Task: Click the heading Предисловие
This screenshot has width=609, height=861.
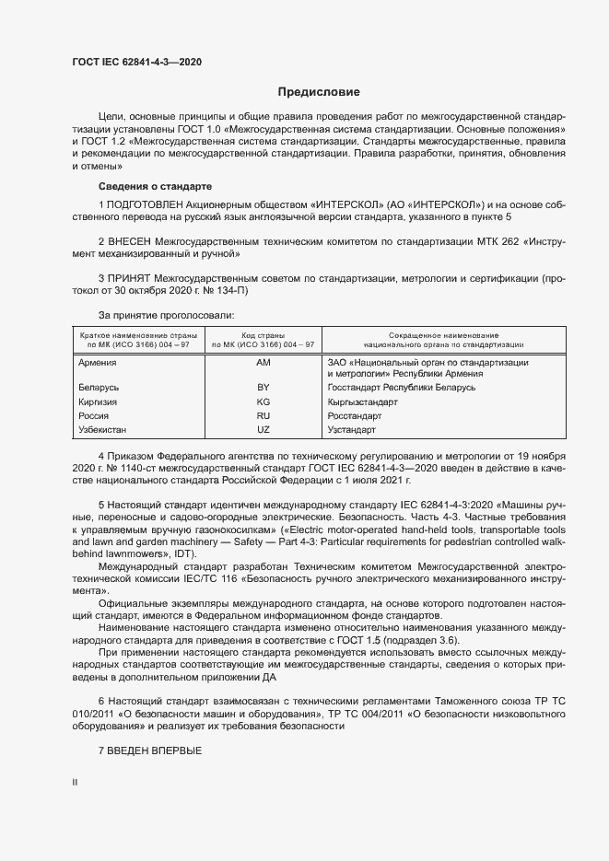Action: click(319, 92)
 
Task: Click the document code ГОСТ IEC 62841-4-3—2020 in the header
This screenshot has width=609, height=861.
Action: click(137, 62)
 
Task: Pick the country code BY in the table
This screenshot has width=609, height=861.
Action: click(264, 389)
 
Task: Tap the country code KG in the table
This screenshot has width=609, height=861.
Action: click(264, 402)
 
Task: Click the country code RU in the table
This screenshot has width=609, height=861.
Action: click(264, 416)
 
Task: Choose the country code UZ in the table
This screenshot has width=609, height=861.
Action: click(264, 430)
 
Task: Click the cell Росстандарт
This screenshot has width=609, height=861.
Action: click(355, 416)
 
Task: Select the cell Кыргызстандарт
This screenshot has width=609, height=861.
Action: click(362, 402)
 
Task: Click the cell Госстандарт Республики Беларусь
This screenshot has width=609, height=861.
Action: click(401, 389)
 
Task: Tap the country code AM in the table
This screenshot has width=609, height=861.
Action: click(264, 364)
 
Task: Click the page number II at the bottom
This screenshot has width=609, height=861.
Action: click(75, 783)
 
